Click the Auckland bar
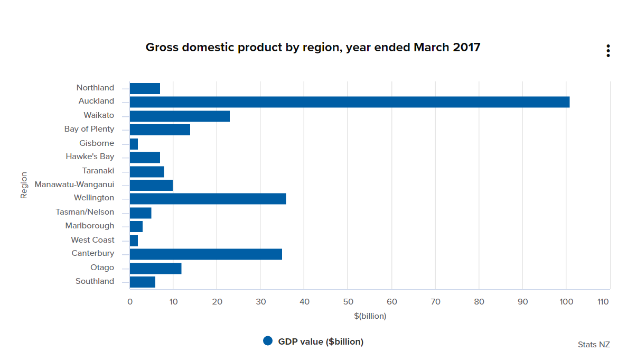point(349,102)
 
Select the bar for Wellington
point(208,199)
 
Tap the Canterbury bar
point(205,254)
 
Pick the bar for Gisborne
point(134,144)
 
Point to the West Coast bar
point(134,241)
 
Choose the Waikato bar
point(180,116)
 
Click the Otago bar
point(155,268)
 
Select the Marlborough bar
point(136,227)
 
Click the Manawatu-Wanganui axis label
point(74,184)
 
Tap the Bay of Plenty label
point(89,129)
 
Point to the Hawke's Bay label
point(90,156)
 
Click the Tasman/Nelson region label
point(85,212)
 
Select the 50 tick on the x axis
point(348,302)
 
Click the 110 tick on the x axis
point(603,302)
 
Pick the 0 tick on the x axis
point(130,302)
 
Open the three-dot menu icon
point(608,51)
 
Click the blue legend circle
point(268,341)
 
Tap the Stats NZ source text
point(594,345)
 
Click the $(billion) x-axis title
point(370,316)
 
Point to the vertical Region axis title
point(24,185)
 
